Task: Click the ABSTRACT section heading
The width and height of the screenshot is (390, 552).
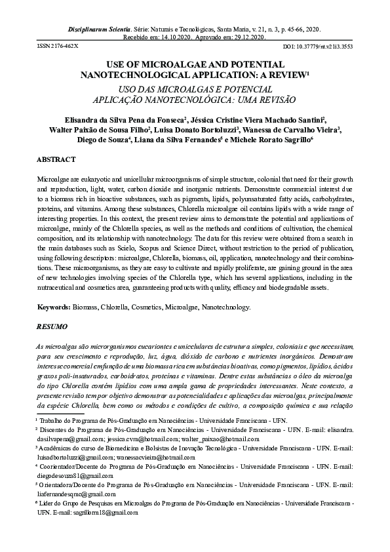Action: (56, 160)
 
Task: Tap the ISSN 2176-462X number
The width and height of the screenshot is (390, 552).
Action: (57, 47)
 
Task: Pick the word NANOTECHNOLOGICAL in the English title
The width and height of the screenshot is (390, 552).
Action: (134, 76)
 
